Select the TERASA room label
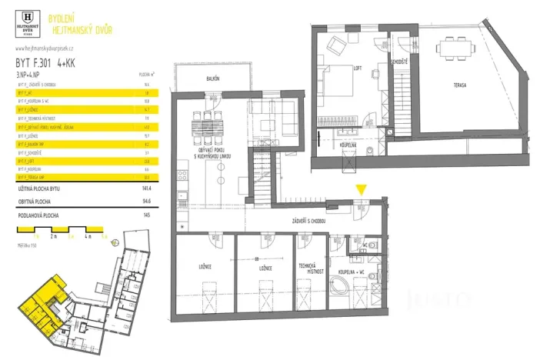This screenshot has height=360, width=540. (461, 85)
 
